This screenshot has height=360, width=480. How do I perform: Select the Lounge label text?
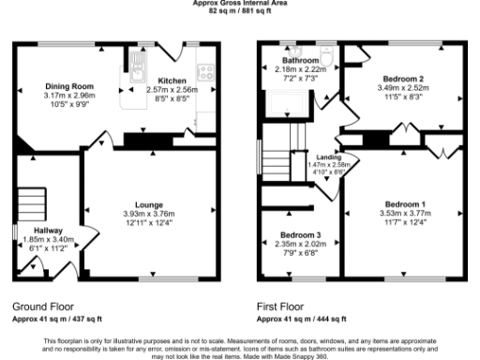(149, 204)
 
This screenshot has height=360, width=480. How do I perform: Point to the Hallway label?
(48, 230)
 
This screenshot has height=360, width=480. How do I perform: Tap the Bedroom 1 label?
(405, 204)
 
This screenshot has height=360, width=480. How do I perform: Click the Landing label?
(328, 157)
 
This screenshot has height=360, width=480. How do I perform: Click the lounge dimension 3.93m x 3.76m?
(149, 213)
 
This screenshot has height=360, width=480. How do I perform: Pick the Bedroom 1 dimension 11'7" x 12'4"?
(405, 221)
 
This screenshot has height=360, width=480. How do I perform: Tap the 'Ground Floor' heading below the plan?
(44, 307)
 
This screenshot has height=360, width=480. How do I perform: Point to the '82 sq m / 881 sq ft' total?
(240, 10)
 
